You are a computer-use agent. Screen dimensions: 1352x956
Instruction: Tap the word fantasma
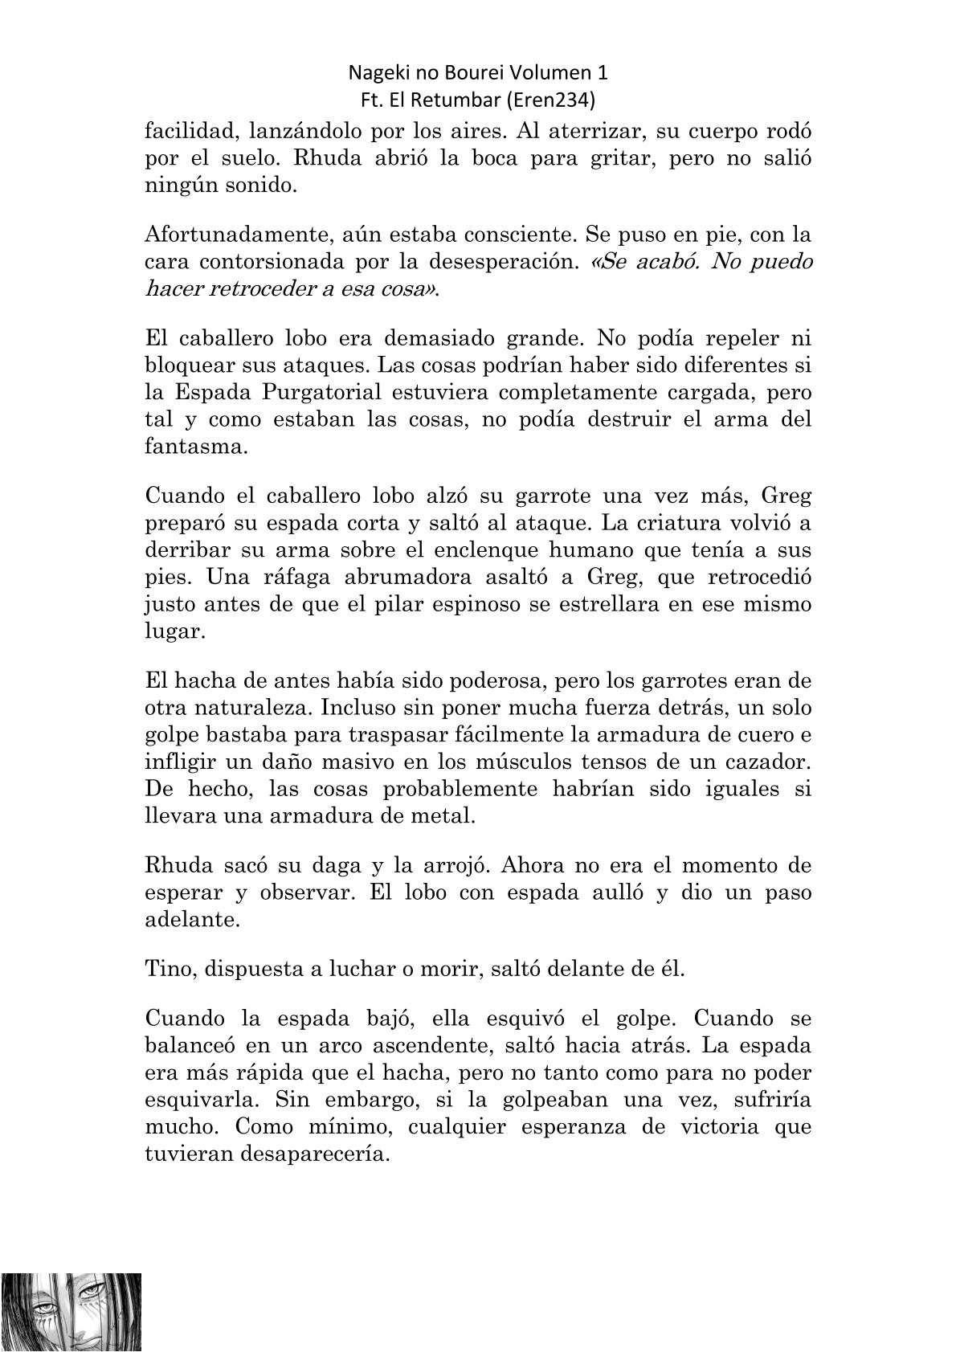(196, 447)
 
